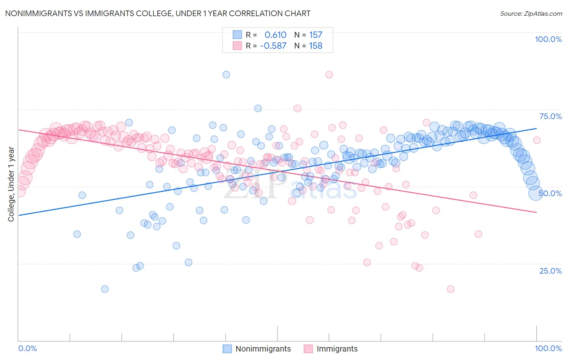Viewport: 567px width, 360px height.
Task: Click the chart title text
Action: point(158,13)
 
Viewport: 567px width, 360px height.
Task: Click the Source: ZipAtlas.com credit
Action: point(531,13)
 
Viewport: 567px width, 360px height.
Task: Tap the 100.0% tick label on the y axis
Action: point(548,39)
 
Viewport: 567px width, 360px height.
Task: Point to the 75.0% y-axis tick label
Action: point(550,116)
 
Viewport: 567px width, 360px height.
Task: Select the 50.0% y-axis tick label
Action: point(550,193)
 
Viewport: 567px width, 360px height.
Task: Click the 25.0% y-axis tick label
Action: point(550,270)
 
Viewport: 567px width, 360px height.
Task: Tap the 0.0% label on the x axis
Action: point(28,348)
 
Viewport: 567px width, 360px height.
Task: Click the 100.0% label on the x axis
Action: point(548,348)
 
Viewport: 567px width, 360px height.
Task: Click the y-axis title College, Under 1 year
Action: point(11,184)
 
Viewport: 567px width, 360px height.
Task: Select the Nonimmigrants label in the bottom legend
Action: point(263,349)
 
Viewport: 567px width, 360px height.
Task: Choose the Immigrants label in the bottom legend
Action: point(337,349)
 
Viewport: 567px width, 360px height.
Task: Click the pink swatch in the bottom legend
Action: point(309,349)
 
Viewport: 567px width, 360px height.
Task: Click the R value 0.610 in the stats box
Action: point(275,35)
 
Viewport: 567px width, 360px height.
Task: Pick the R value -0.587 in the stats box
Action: point(273,46)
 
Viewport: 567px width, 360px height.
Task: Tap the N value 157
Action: point(315,35)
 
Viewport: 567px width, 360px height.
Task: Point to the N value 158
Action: point(315,46)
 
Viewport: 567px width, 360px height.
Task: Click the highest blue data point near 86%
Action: point(226,75)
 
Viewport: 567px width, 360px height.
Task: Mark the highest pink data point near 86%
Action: point(329,75)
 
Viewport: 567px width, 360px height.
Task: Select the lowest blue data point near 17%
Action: point(105,289)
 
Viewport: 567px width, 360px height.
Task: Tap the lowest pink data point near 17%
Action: point(451,289)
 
